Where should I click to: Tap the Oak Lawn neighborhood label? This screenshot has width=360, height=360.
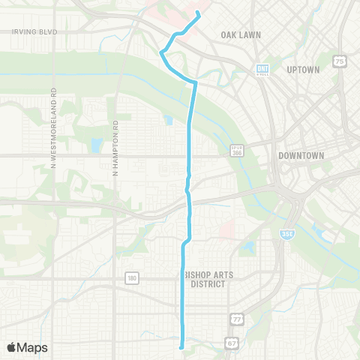tap(239, 34)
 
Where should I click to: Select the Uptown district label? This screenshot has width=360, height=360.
tap(303, 69)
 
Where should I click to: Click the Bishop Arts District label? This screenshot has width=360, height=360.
tap(208, 279)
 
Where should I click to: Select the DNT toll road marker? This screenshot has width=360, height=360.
tap(262, 67)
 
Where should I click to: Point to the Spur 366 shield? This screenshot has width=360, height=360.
tap(236, 151)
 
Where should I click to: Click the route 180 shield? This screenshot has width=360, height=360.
tap(132, 279)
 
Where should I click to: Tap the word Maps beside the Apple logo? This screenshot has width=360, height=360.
tap(33, 347)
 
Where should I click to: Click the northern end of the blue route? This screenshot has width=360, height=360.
tap(197, 12)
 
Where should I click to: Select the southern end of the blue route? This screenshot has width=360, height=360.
tap(181, 346)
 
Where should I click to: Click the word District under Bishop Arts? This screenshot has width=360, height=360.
tap(208, 283)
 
